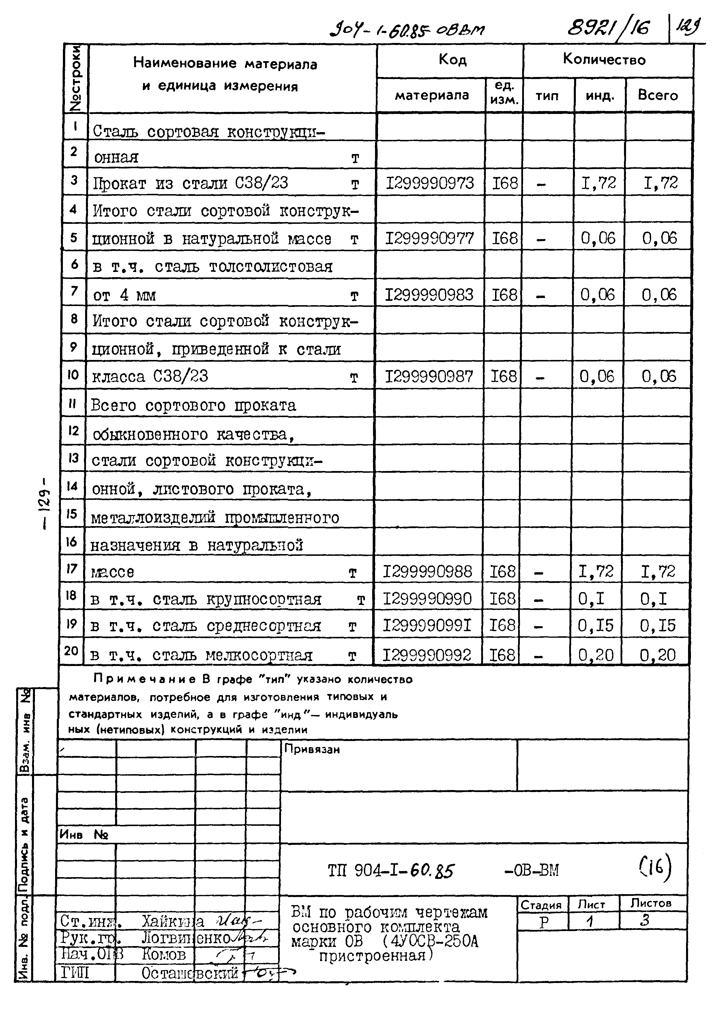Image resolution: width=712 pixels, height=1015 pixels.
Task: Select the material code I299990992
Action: coord(427,655)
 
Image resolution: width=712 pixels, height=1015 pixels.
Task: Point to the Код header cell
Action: coord(452,59)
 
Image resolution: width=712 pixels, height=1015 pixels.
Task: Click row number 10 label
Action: coord(73,375)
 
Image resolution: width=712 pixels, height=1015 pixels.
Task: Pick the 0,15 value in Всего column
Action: coord(657,626)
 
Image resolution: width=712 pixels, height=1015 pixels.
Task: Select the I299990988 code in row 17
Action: coord(427,572)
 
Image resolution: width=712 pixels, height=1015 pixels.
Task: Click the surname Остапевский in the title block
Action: coord(190,973)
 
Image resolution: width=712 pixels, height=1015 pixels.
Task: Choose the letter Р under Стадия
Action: coord(544,922)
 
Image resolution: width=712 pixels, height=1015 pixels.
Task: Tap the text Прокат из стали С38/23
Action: coord(190,183)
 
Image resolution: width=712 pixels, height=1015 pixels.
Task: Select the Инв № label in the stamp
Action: coord(84,834)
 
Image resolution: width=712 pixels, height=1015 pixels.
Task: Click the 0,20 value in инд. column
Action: coord(596,655)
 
